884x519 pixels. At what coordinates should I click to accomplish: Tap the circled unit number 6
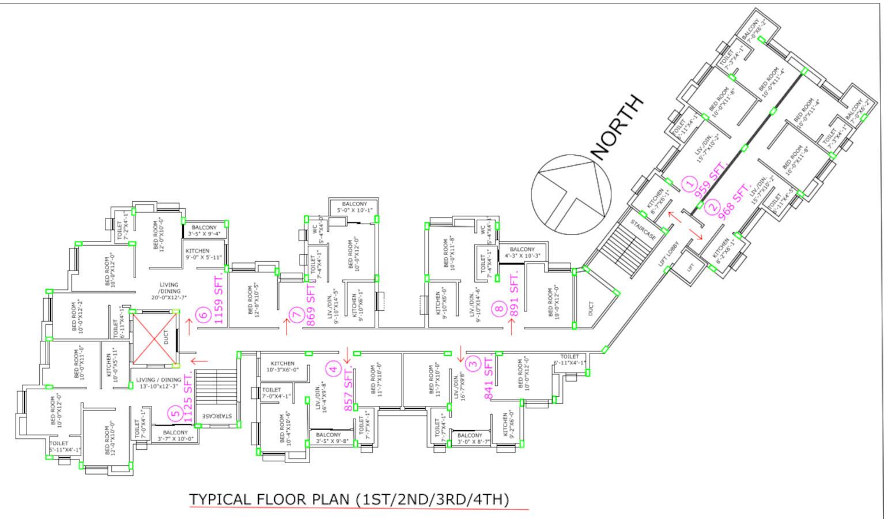(x=202, y=315)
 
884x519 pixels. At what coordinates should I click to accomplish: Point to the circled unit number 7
(x=296, y=315)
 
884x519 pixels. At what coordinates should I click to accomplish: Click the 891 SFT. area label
(x=515, y=293)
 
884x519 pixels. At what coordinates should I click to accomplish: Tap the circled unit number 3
(x=473, y=363)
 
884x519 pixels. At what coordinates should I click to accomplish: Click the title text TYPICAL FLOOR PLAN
(x=349, y=499)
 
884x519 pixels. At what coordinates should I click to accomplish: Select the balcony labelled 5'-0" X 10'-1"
(x=354, y=207)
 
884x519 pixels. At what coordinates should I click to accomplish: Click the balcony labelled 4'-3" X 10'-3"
(x=522, y=253)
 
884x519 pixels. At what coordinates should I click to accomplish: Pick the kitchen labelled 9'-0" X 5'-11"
(x=203, y=254)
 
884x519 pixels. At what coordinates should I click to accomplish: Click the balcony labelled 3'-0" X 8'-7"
(x=470, y=439)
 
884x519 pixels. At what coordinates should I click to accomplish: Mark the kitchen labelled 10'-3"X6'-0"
(x=282, y=366)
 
